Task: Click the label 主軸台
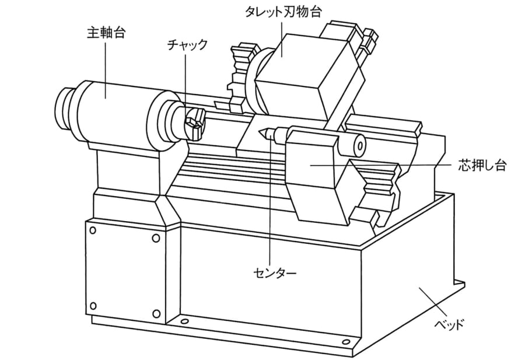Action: point(106,33)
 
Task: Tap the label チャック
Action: point(187,45)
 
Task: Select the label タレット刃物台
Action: point(283,12)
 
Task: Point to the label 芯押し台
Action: point(482,166)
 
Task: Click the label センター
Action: point(275,274)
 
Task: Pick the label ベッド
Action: point(449,324)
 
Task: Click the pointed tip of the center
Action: point(259,132)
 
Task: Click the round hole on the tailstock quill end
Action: point(360,146)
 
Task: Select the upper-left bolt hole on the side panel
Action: point(93,230)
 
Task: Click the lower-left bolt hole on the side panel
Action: point(94,306)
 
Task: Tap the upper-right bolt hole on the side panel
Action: point(156,238)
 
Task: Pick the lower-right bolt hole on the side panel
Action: point(156,314)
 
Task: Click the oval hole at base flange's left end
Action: point(184,321)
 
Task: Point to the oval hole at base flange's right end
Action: point(346,342)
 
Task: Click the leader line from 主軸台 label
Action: point(106,71)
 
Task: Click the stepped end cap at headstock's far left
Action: point(66,109)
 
